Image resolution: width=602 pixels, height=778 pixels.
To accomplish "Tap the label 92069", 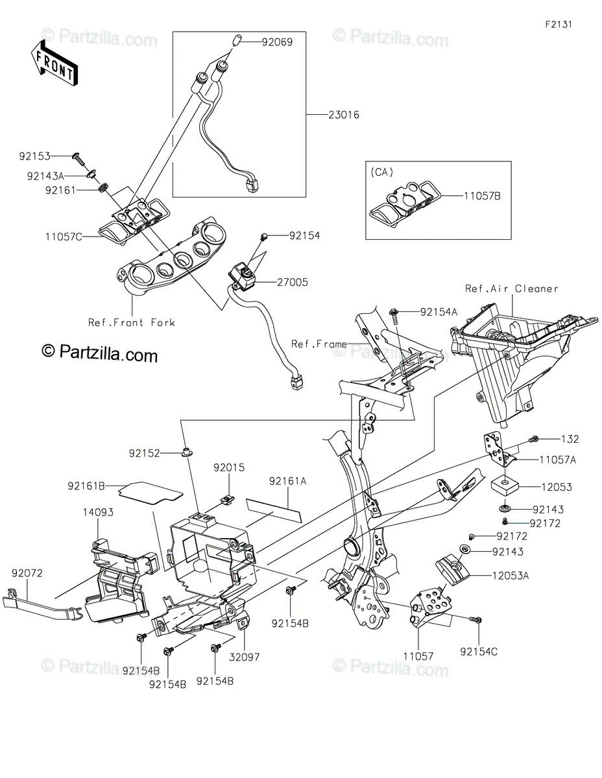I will (277, 43).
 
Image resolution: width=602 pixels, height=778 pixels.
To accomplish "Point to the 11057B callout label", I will (483, 194).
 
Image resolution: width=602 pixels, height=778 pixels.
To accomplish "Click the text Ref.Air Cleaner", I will (512, 289).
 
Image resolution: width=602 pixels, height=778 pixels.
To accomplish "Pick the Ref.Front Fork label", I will (132, 322).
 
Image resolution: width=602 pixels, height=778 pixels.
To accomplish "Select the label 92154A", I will (439, 312).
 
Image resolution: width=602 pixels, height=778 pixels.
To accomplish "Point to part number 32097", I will (244, 656).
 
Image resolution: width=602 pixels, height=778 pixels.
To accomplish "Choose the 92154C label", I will (479, 651).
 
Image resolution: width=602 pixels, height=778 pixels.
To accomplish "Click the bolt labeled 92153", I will (77, 156).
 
